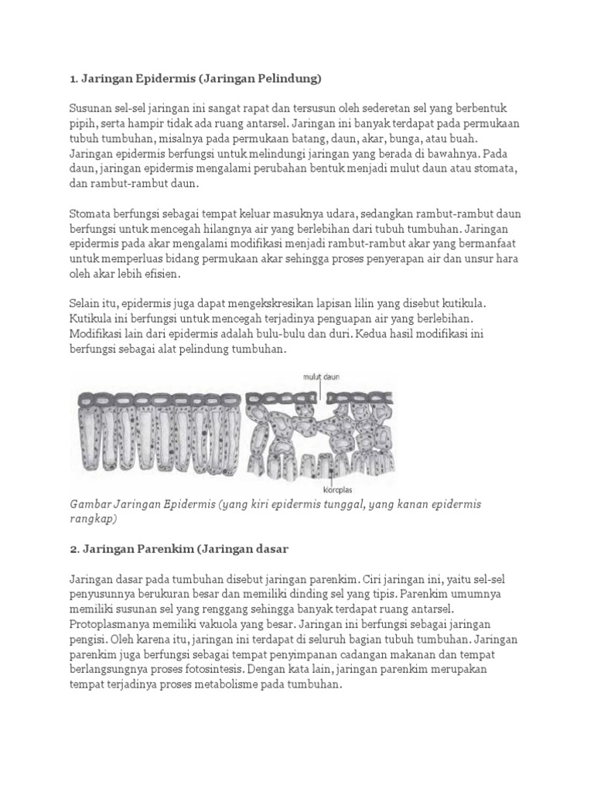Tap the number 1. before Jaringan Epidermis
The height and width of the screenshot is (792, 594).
(74, 77)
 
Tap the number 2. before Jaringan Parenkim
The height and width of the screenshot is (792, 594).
(75, 548)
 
